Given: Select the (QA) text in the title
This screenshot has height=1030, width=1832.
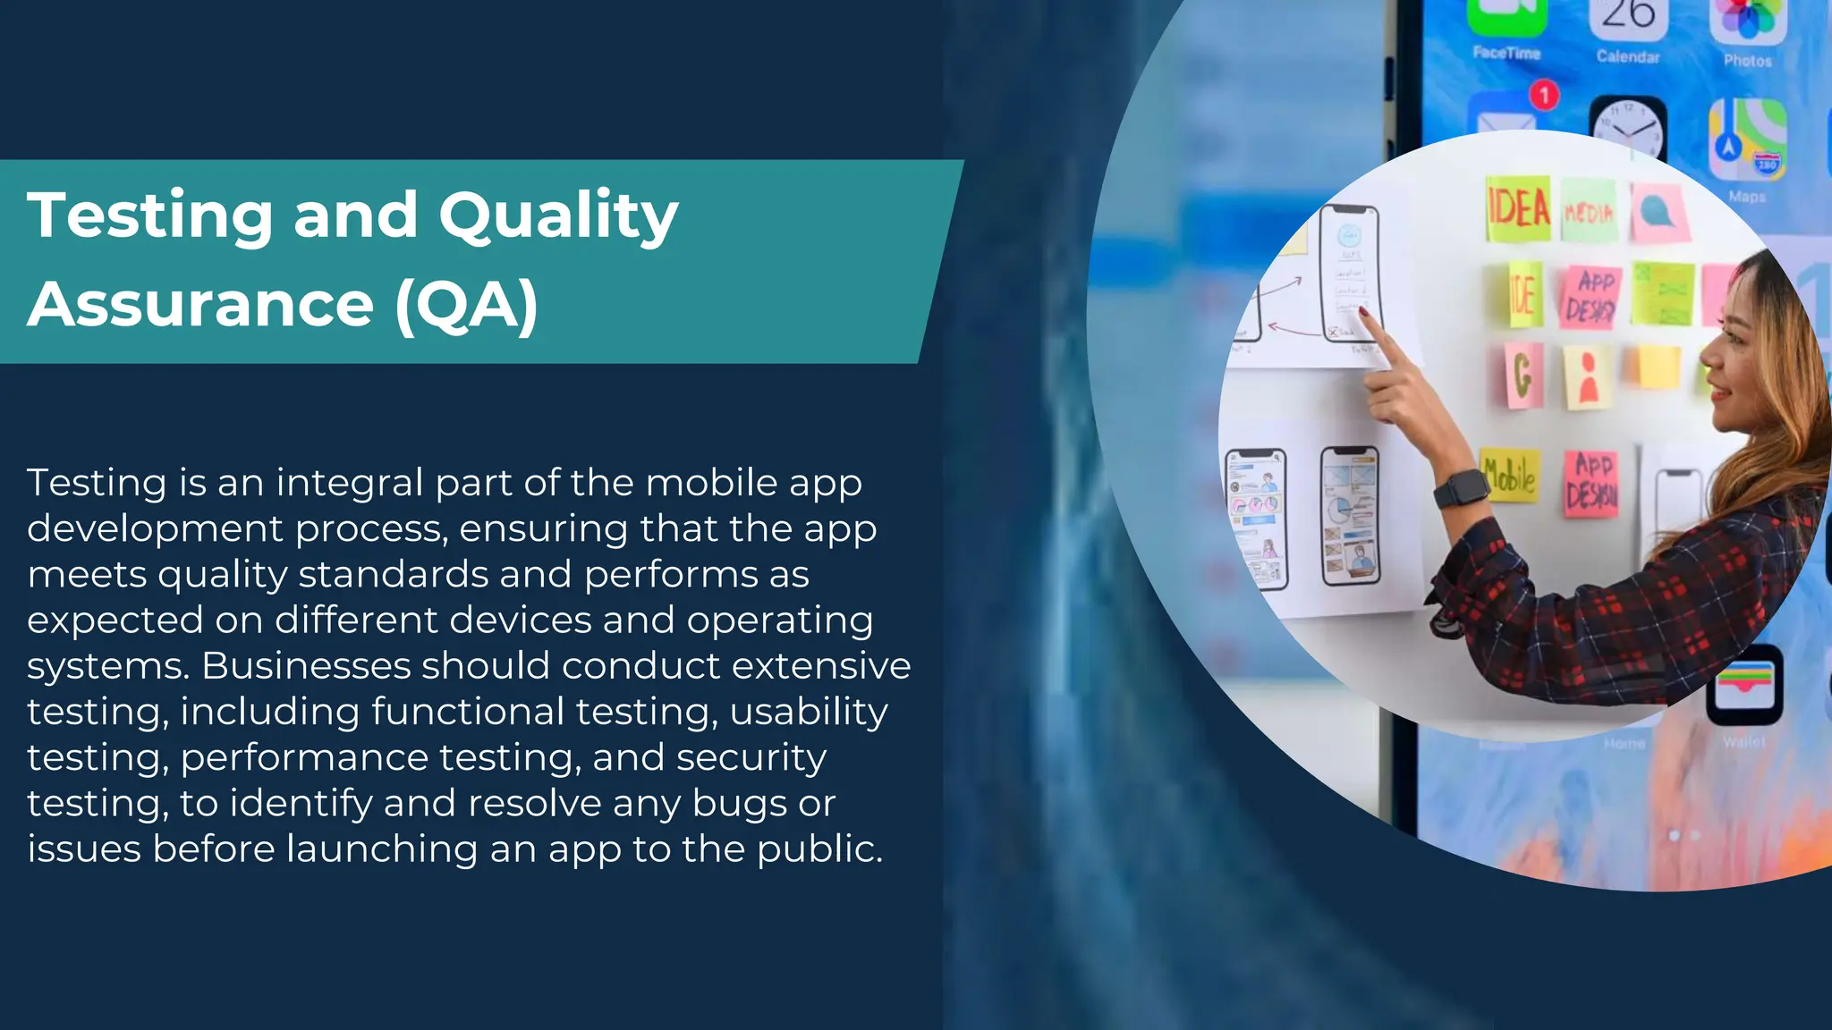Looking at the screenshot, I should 466,305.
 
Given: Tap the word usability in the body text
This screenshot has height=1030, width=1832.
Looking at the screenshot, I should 809,712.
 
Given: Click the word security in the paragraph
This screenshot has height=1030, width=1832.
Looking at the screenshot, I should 751,757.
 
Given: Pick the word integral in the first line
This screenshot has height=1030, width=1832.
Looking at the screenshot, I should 349,483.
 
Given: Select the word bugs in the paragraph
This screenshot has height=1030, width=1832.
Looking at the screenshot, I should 739,803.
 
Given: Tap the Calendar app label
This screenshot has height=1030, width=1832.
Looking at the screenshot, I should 1627,57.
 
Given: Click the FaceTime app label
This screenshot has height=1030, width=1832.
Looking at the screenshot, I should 1506,53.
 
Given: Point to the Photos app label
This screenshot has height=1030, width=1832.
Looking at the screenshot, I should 1747,61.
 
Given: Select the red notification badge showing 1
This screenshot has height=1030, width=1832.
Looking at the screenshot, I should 1543,95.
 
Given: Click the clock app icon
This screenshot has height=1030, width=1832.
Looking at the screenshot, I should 1627,128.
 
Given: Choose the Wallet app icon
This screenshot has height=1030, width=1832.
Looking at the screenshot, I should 1743,685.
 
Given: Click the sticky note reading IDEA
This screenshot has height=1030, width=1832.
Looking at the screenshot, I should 1517,208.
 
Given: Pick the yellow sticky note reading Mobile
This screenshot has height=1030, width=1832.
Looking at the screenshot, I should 1508,475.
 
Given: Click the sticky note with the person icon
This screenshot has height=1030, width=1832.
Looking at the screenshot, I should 1588,376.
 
